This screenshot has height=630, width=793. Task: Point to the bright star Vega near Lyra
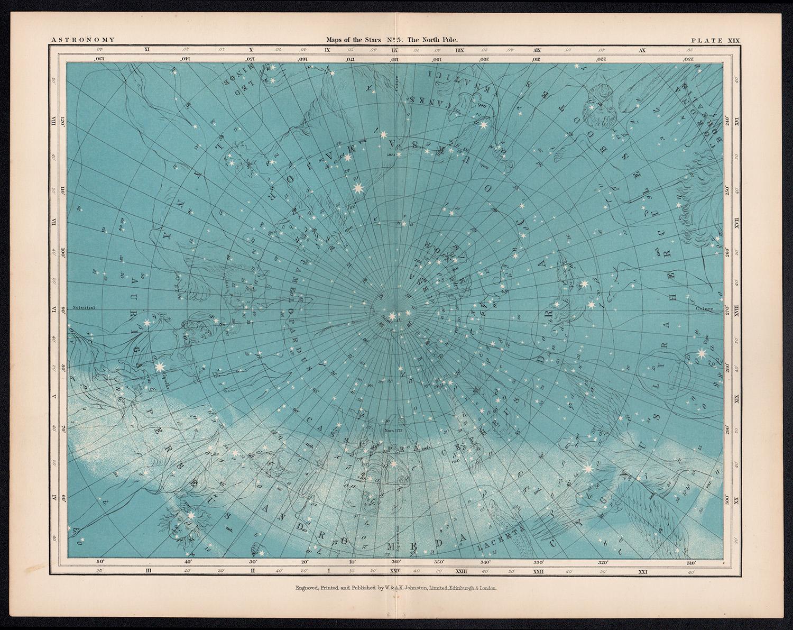702,353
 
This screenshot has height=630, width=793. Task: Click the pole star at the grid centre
392,316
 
